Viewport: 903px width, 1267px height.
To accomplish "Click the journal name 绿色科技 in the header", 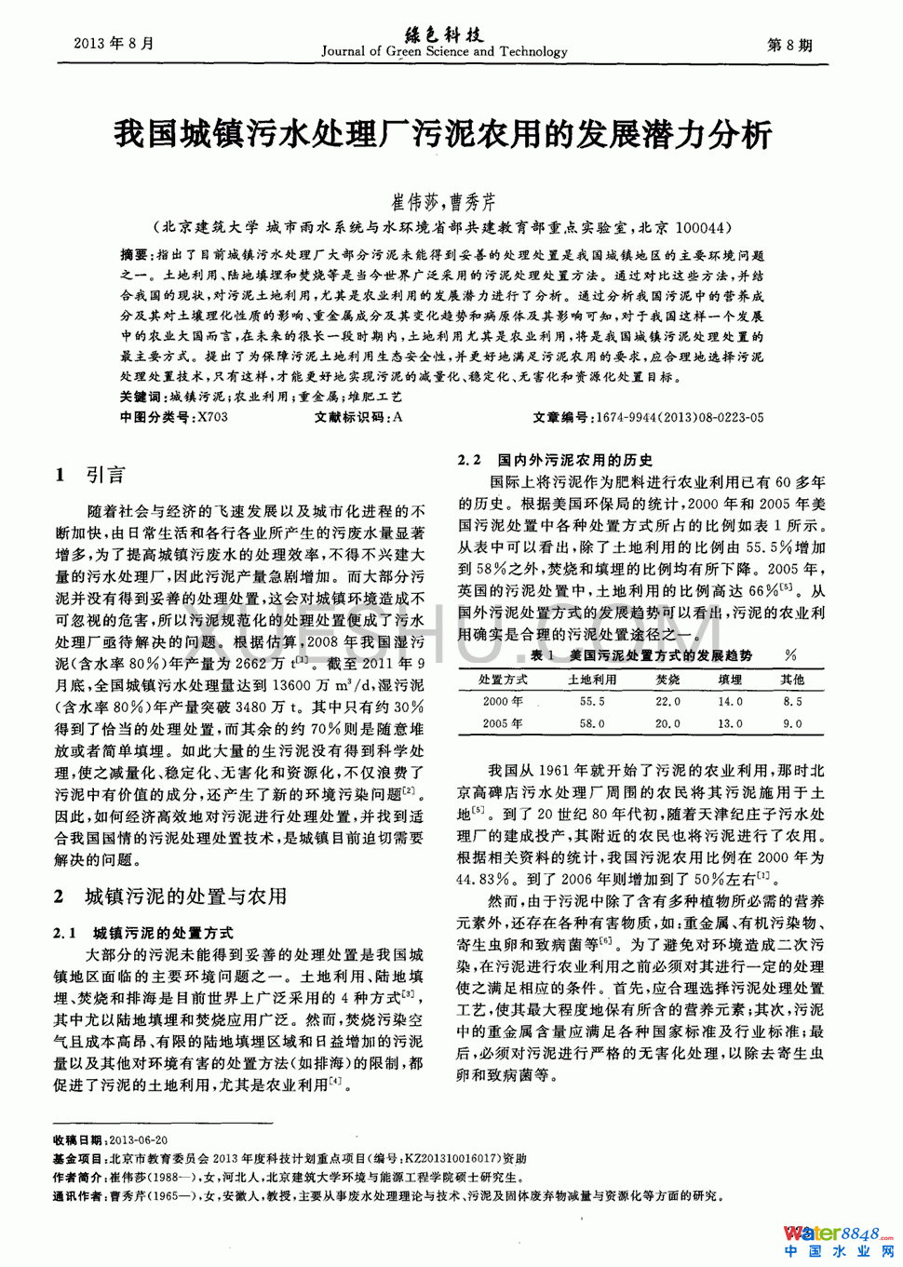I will coord(445,35).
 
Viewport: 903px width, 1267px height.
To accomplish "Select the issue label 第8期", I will coord(788,45).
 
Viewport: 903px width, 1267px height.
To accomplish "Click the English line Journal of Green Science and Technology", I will coord(444,52).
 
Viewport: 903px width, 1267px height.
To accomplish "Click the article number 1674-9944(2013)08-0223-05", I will coord(679,418).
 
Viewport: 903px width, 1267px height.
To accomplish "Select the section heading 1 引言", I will coord(89,476).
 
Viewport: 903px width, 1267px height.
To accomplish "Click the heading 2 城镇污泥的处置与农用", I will coord(169,896).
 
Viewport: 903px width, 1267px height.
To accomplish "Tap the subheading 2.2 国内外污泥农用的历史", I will coord(556,460).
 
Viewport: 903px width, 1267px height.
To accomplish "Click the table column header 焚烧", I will coord(667,680).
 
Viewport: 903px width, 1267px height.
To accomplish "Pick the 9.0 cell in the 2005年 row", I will coord(792,723).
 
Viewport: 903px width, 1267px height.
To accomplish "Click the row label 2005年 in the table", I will coord(503,723).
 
